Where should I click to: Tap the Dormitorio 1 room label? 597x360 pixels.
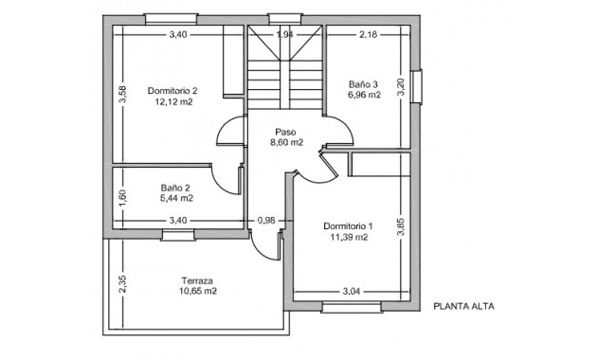[348, 226]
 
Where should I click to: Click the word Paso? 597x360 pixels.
[285, 132]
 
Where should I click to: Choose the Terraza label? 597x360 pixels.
[198, 280]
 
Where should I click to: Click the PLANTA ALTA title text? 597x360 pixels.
[464, 306]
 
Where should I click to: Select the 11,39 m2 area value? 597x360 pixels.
[348, 238]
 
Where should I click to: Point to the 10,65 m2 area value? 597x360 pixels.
[198, 292]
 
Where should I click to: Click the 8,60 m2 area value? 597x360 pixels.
[285, 143]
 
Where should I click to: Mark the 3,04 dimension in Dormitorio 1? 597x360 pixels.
[352, 291]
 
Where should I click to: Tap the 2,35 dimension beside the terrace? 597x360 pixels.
[121, 283]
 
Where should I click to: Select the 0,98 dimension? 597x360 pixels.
[266, 221]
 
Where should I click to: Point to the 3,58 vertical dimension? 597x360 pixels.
[121, 95]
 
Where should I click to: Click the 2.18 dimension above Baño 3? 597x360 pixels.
[368, 35]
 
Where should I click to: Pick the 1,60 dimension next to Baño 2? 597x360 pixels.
[121, 198]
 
